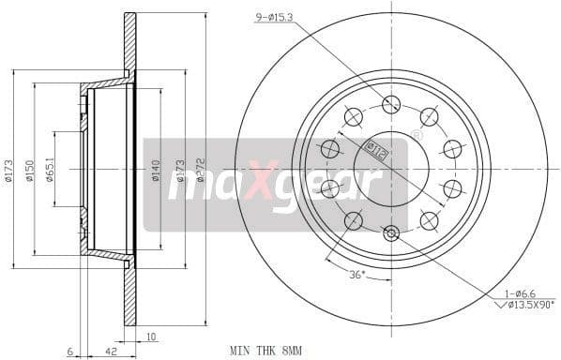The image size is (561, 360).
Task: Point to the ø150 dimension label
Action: click(x=29, y=170)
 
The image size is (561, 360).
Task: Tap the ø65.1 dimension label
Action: click(x=49, y=170)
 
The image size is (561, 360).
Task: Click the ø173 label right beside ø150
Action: click(x=9, y=170)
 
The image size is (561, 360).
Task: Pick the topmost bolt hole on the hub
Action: click(x=391, y=104)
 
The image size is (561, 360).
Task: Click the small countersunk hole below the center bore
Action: click(x=391, y=232)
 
